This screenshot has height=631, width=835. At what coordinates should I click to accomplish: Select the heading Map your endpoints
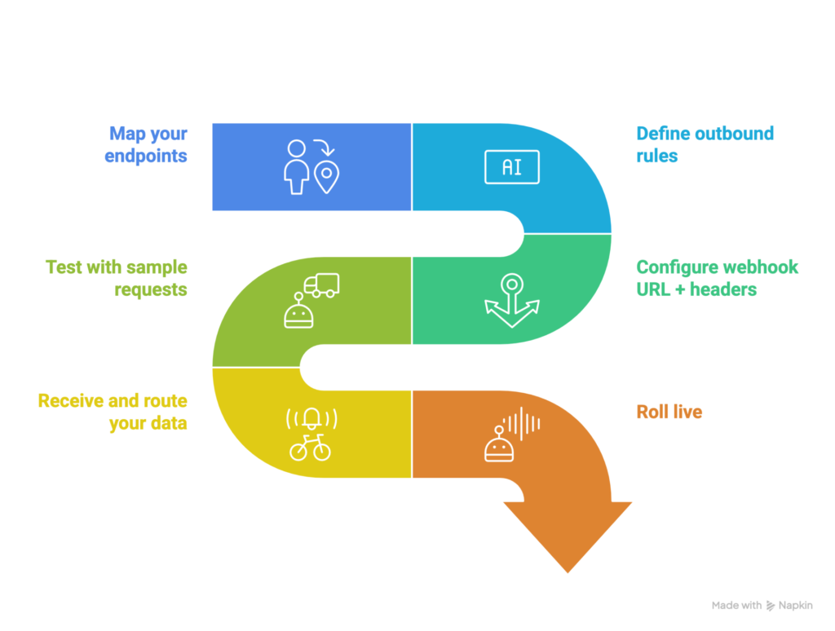click(148, 143)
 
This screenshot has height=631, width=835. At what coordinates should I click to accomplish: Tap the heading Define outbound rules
click(705, 143)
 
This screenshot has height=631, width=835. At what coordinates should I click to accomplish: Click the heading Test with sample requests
click(117, 278)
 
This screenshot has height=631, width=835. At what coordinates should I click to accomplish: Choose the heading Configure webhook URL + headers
click(717, 278)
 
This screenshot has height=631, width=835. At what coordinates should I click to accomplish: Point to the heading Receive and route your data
click(113, 412)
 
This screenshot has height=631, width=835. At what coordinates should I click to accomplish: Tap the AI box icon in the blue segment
click(511, 167)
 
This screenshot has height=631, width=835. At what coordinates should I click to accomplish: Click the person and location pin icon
click(310, 167)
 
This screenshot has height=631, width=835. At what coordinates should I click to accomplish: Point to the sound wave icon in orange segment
click(522, 423)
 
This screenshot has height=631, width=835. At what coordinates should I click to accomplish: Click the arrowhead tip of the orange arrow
click(568, 571)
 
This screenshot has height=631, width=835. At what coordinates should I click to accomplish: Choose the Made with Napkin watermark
click(762, 606)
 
